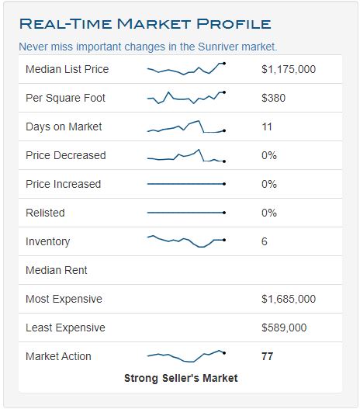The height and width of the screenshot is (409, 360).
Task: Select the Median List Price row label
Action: click(x=67, y=69)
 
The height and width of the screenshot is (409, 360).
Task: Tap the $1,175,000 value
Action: click(x=289, y=69)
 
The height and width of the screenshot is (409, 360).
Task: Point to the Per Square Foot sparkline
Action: click(x=186, y=98)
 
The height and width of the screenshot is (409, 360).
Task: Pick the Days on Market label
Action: click(x=64, y=127)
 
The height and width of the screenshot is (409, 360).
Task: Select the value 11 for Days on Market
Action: click(x=267, y=127)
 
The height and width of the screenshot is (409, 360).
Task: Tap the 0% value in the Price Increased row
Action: click(x=269, y=184)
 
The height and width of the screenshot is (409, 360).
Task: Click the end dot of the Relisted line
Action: click(x=224, y=213)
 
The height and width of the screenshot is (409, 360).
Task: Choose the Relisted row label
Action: click(x=45, y=213)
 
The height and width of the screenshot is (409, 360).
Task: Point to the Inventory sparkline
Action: click(x=186, y=241)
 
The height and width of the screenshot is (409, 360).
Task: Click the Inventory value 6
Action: click(x=265, y=241)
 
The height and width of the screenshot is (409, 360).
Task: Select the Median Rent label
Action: click(x=57, y=270)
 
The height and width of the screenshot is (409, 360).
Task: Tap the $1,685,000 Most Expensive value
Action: click(x=289, y=299)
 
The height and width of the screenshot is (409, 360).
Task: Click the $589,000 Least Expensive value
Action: click(x=284, y=328)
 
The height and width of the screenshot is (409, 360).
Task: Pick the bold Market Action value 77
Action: click(x=268, y=356)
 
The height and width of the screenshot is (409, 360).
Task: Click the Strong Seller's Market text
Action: click(x=181, y=378)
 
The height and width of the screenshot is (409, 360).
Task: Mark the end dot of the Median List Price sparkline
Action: click(x=224, y=63)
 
